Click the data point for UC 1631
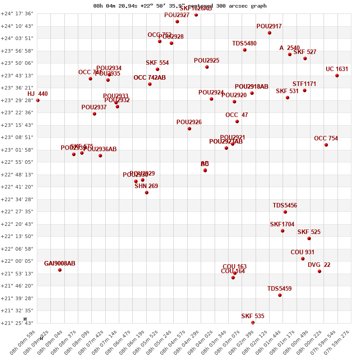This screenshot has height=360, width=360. pos(337,76)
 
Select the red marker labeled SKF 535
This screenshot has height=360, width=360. pos(253,322)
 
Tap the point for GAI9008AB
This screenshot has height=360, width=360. pos(60,270)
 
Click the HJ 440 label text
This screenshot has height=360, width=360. pos(37,94)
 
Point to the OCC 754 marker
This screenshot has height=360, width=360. pos(326,145)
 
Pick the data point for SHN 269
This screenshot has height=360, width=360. pos(147,193)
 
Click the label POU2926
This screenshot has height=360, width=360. pos(189,122)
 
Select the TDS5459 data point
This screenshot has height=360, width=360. pos(280,295)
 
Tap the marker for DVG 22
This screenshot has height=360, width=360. pos(319,271)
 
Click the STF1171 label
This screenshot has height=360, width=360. pos(304,84)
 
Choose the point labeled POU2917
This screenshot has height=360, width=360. pos(270,33)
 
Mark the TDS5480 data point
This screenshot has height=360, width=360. pos(245,50)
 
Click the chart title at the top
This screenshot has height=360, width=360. pos(180,6)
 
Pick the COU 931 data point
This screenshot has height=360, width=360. pos(303,259)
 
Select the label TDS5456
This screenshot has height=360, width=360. pos(285,206)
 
